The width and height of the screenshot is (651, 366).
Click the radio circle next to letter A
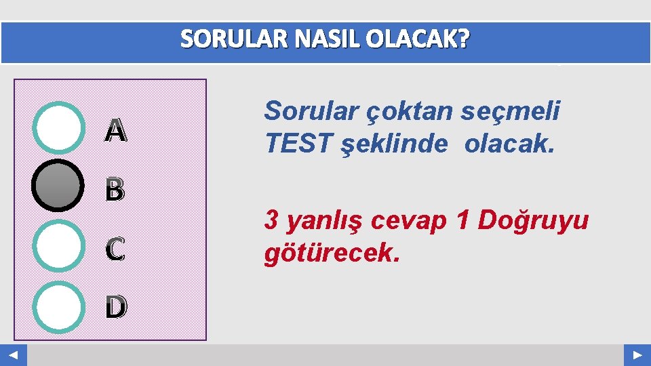(58, 127)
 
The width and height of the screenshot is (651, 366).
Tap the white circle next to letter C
(58, 245)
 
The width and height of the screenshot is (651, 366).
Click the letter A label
(115, 131)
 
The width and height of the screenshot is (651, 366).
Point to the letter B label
(115, 191)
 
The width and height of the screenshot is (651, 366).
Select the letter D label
(115, 308)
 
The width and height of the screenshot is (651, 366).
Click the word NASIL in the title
(319, 41)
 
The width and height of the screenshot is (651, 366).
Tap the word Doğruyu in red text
(533, 220)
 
